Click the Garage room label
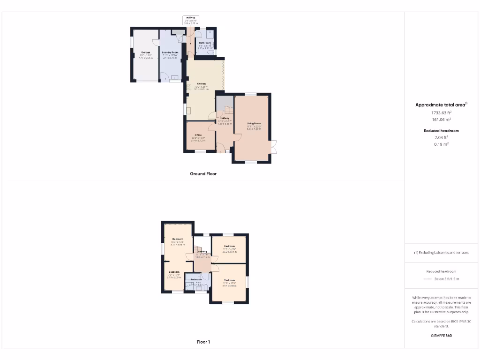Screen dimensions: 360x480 coord(146,52)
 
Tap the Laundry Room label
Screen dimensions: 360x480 coord(170,52)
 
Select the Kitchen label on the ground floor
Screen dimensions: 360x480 coord(201,83)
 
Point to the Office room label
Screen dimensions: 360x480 coord(198,135)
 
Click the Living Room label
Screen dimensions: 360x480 coord(254,124)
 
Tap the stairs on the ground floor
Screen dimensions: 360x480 coord(227,111)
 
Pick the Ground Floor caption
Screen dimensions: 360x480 coord(203,173)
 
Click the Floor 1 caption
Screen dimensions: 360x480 coord(203,342)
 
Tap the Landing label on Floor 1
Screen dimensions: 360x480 coord(202,251)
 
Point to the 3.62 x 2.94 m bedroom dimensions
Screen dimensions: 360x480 coord(229,252)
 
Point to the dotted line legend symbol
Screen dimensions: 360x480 coord(427,279)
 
